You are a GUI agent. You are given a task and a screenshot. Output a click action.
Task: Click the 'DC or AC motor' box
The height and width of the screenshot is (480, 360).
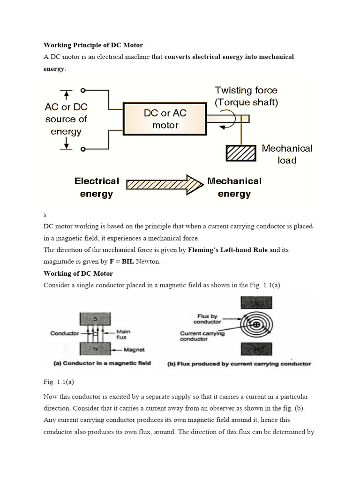(x=165, y=119)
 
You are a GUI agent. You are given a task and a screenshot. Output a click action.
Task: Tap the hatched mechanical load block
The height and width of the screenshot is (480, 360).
(x=241, y=154)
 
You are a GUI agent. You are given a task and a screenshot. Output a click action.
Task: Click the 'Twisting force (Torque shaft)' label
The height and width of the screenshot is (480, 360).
(x=246, y=96)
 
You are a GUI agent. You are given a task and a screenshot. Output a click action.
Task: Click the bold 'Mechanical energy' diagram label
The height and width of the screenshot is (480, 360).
(x=234, y=187)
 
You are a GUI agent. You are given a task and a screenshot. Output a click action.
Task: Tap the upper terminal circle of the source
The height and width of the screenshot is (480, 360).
(x=83, y=90)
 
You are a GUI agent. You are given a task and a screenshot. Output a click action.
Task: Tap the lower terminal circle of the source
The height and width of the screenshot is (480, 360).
(x=83, y=149)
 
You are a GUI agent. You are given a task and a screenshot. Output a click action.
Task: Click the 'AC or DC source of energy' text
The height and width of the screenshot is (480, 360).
(x=66, y=119)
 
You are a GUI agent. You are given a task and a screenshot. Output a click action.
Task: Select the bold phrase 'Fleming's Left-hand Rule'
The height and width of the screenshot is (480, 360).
(x=228, y=250)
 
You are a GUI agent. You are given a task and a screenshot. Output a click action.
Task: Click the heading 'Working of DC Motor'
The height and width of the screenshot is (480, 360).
(x=78, y=273)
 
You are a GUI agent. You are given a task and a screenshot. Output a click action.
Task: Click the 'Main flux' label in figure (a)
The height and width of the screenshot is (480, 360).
(x=123, y=334)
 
